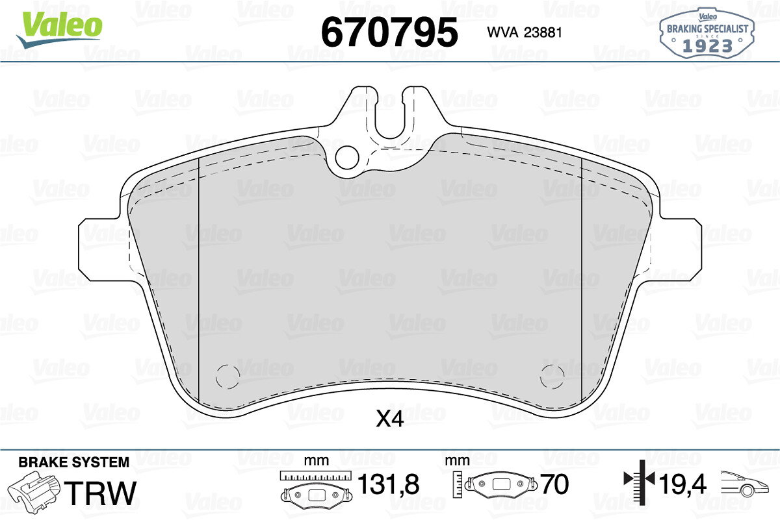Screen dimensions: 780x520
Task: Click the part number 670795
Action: (x=389, y=32)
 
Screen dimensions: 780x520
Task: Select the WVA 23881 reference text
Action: (x=525, y=32)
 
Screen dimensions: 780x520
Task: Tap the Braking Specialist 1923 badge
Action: (x=707, y=33)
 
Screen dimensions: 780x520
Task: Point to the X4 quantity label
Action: (x=389, y=419)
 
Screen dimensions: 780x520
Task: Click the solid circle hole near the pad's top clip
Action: (x=347, y=158)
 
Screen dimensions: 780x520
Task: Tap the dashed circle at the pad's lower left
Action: (x=227, y=377)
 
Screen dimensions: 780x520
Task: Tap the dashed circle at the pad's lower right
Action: (x=552, y=377)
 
